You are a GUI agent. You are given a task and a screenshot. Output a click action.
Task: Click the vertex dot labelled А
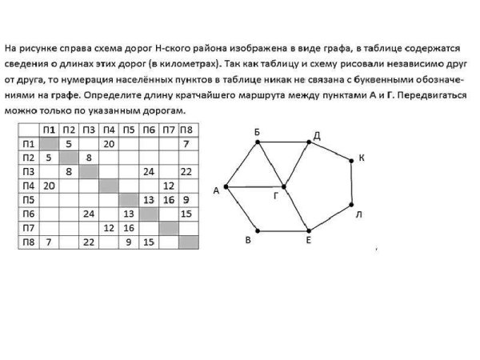(x=226, y=187)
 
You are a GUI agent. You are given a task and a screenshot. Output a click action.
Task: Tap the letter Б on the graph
(x=257, y=131)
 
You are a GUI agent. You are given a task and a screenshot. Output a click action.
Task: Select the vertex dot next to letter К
(x=350, y=161)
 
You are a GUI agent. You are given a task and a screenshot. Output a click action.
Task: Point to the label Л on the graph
(x=359, y=215)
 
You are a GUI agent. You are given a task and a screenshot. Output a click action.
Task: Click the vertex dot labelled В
(x=256, y=230)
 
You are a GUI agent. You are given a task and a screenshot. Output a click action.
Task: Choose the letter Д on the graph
(x=317, y=135)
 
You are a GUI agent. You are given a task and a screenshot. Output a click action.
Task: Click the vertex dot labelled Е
(x=308, y=230)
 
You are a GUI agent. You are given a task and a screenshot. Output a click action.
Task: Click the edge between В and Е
(x=282, y=230)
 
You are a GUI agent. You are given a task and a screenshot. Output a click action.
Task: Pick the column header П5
(x=128, y=130)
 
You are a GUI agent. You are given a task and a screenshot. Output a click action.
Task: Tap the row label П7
(x=29, y=227)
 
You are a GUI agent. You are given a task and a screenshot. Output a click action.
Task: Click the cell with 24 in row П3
(x=148, y=171)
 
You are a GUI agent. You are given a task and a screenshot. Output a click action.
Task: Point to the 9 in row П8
(x=128, y=241)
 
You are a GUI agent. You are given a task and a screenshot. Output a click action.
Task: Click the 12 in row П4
(x=168, y=186)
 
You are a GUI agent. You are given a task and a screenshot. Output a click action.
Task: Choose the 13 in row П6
(x=128, y=214)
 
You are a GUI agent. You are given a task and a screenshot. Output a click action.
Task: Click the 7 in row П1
(x=186, y=144)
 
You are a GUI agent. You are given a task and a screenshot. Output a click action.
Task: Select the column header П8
(x=186, y=130)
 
